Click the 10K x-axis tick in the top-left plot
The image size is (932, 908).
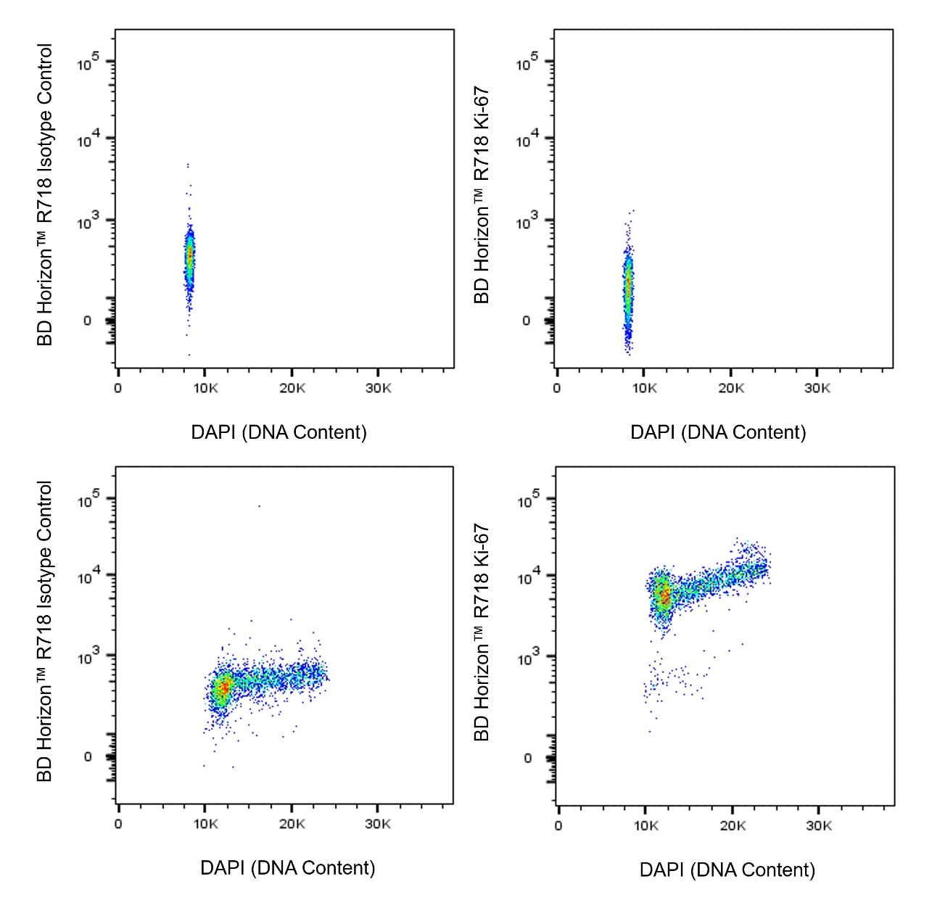tap(205, 388)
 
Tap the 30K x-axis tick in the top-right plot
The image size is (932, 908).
tap(817, 388)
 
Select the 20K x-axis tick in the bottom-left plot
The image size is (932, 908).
tap(292, 824)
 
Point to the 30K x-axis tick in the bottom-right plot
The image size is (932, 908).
tap(819, 825)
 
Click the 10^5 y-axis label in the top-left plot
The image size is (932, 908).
tap(88, 64)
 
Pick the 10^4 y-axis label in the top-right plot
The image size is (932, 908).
tap(527, 139)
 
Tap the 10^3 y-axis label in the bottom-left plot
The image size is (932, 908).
tap(88, 657)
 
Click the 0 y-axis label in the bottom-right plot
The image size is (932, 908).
tap(527, 758)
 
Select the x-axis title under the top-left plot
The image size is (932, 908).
tap(279, 432)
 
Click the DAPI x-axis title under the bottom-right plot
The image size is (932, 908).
tap(727, 870)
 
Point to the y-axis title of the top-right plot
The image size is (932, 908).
tap(482, 195)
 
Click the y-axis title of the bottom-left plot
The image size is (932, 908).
tap(45, 631)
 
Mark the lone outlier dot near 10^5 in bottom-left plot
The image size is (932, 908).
tap(259, 505)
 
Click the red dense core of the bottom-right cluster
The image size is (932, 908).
tap(663, 596)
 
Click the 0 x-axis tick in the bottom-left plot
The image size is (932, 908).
tap(118, 824)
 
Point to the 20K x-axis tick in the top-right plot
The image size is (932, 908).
tap(730, 388)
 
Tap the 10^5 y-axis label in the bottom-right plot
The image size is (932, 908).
tap(528, 500)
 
